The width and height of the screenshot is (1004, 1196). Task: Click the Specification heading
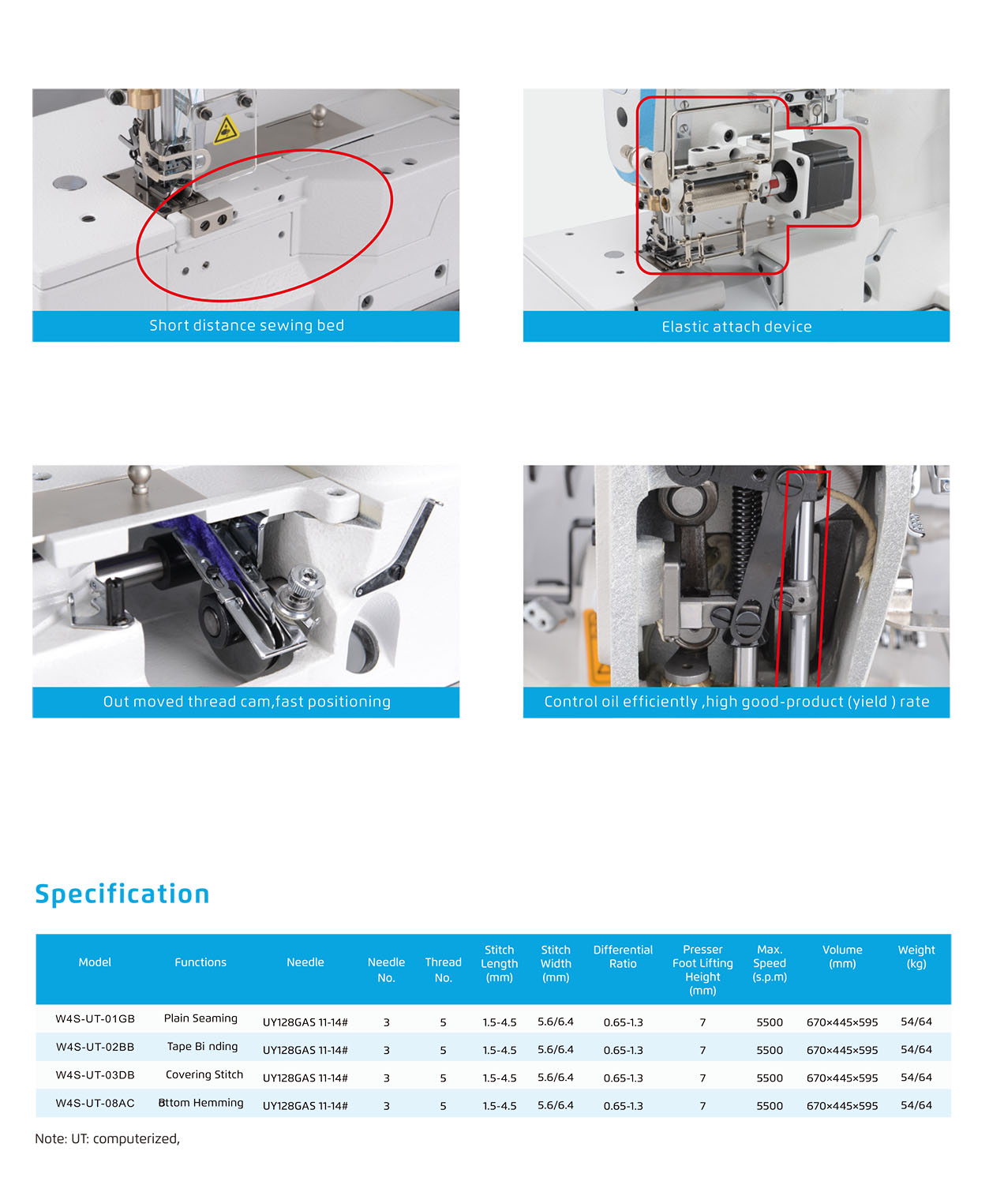click(122, 894)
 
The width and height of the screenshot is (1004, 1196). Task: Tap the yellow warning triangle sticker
click(226, 130)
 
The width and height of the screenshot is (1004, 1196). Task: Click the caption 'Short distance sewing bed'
click(246, 325)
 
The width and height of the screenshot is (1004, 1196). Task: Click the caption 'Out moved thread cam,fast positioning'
click(246, 701)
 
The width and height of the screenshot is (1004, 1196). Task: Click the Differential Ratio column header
click(623, 957)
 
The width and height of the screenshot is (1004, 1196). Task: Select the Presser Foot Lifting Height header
click(702, 969)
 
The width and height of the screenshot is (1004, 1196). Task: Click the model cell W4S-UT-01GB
click(95, 1018)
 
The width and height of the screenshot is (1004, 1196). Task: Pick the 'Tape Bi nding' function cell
click(202, 1046)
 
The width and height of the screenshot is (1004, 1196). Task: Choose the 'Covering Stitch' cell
click(204, 1074)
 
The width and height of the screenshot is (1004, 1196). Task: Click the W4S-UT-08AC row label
click(95, 1103)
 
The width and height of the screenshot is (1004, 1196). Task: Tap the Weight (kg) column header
click(916, 957)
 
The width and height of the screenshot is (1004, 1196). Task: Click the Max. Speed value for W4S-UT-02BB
click(769, 1050)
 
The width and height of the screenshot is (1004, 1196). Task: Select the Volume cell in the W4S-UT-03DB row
click(842, 1078)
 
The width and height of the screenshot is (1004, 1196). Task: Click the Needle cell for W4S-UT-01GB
click(305, 1022)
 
